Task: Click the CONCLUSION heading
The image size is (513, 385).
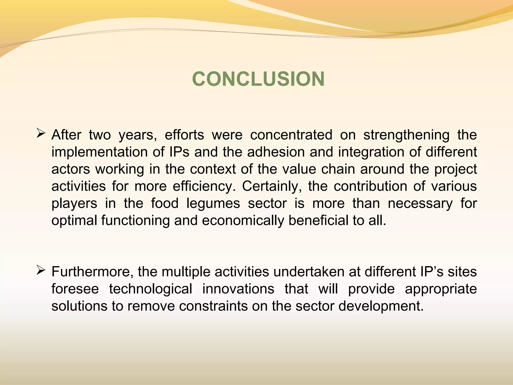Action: (x=258, y=79)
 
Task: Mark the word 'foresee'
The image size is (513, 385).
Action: (x=75, y=289)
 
